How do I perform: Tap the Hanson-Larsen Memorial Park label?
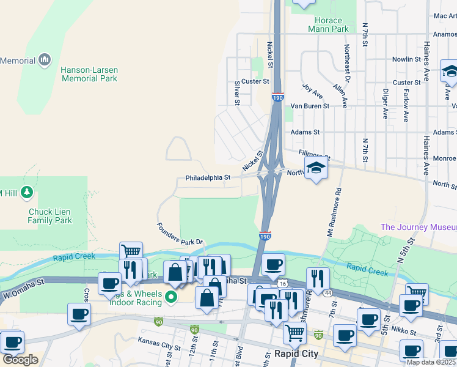coord(89,74)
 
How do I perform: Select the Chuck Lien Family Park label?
coord(50,216)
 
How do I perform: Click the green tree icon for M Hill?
coord(26,193)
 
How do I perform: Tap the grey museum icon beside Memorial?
coord(44,60)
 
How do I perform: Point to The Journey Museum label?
coord(418,227)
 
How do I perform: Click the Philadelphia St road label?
coord(208,178)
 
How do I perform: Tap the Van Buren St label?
coord(309,106)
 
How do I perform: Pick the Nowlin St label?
coord(406,59)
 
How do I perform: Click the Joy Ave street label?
coord(313,92)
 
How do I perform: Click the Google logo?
coord(20,360)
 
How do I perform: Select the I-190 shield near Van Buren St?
coord(277,97)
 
